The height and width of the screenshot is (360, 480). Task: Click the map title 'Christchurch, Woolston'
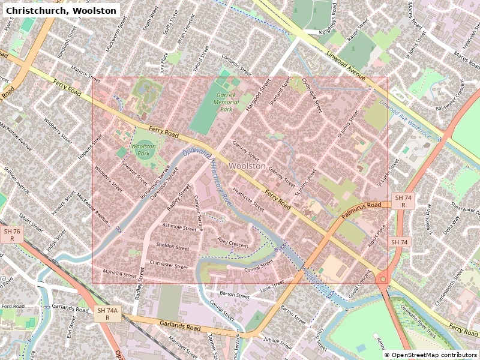click(61, 10)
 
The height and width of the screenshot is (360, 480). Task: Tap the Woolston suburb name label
click(247, 166)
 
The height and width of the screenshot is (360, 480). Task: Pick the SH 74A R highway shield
click(108, 314)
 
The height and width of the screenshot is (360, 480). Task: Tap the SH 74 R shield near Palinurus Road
click(403, 201)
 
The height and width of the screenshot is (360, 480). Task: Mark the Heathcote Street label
click(248, 200)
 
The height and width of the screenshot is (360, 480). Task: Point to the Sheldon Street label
click(172, 247)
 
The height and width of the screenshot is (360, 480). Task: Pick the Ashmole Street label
click(179, 227)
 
